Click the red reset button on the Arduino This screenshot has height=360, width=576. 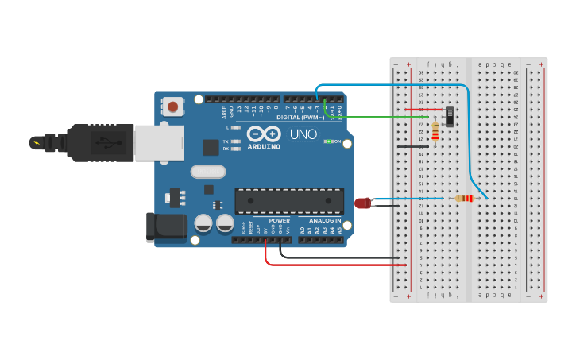pyautogui.click(x=172, y=106)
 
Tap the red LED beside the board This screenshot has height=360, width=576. pyautogui.click(x=362, y=203)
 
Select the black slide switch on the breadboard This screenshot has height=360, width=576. pyautogui.click(x=450, y=117)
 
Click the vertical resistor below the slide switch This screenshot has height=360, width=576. pyautogui.click(x=435, y=130)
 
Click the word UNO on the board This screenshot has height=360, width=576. pyautogui.click(x=302, y=134)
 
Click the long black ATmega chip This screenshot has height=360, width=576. pyautogui.click(x=289, y=201)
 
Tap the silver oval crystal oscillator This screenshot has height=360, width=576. pyautogui.click(x=208, y=171)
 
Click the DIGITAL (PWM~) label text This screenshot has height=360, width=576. pyautogui.click(x=300, y=117)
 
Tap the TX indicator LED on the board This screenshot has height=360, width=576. pyautogui.click(x=236, y=141)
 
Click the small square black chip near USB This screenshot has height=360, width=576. pyautogui.click(x=211, y=147)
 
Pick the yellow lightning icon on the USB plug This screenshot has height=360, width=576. pyautogui.click(x=35, y=143)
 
